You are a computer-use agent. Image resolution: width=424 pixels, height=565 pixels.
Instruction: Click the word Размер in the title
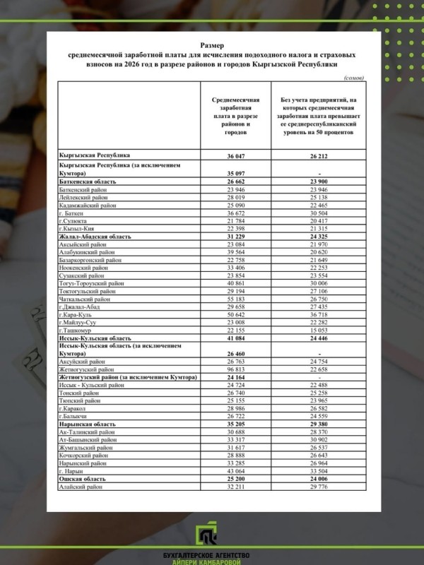pyautogui.click(x=211, y=44)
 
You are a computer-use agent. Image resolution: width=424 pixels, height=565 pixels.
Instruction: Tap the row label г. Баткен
pyautogui.click(x=72, y=213)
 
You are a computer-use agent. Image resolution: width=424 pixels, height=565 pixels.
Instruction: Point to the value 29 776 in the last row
pyautogui.click(x=320, y=487)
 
